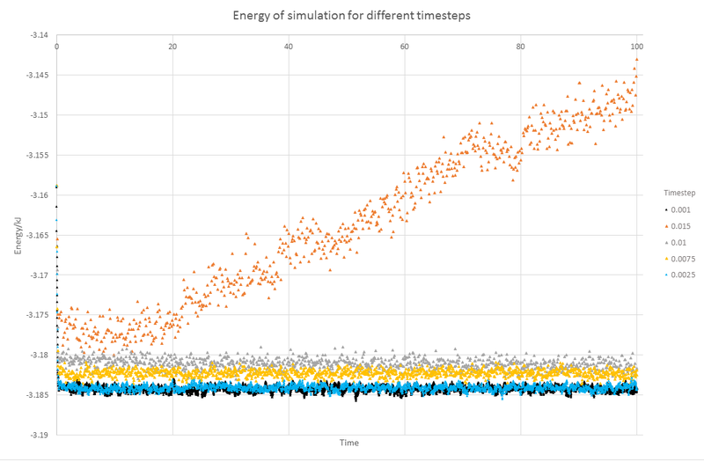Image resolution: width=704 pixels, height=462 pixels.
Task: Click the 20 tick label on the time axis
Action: [x=172, y=46]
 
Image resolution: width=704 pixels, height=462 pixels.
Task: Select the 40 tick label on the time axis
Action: [x=289, y=46]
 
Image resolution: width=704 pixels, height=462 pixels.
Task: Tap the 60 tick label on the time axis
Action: [x=405, y=46]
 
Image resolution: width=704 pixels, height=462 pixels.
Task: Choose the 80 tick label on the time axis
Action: [x=521, y=46]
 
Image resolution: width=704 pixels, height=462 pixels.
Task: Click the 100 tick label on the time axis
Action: [x=636, y=46]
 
